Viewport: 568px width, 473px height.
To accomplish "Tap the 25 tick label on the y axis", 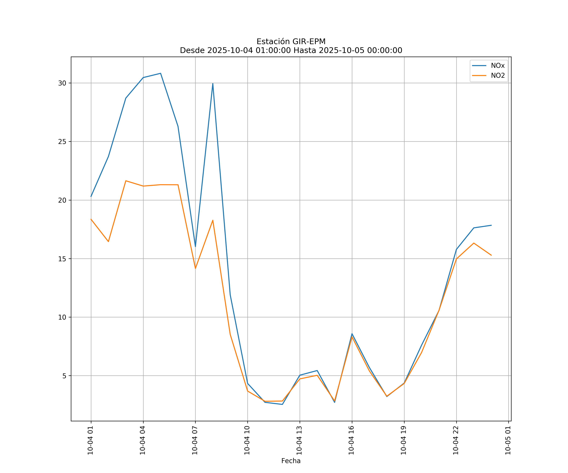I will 62,142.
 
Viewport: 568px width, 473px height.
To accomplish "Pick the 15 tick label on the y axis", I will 62,259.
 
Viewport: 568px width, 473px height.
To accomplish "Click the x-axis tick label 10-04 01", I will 90,440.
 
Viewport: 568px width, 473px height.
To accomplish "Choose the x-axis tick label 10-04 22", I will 456,440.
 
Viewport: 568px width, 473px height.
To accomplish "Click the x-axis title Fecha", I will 291,461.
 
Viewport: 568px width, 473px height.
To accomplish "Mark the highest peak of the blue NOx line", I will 161,73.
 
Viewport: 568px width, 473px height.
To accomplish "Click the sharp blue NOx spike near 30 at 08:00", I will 213,84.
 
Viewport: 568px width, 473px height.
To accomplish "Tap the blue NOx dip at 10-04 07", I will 195,246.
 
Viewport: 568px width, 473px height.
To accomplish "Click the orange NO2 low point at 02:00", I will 108,241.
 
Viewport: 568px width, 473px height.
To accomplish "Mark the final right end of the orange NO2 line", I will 491,255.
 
